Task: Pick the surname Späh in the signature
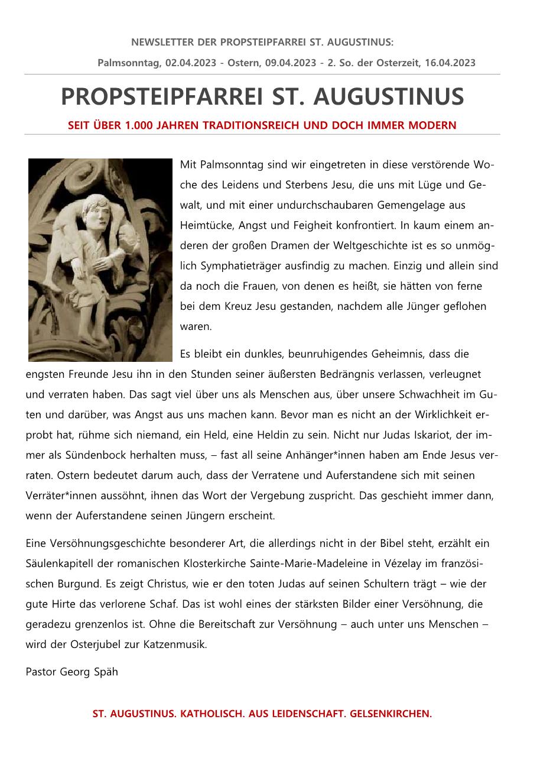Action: (106, 672)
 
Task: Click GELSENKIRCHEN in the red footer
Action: (390, 714)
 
